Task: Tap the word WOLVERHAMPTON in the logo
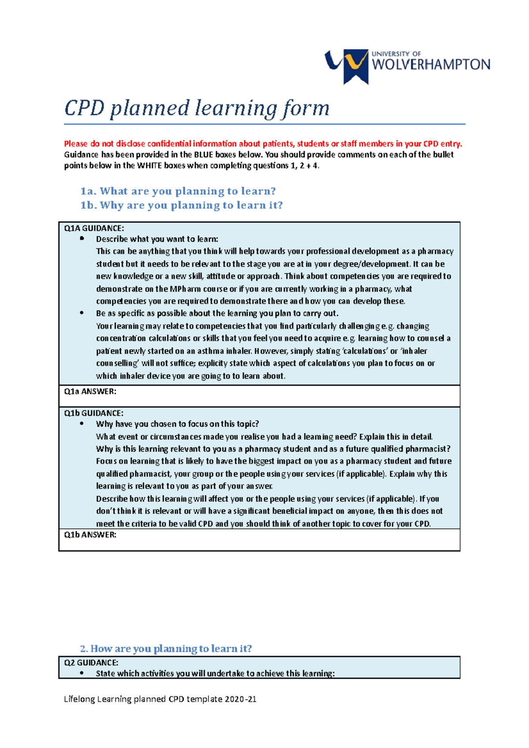point(431,65)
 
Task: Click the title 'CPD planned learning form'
point(197,108)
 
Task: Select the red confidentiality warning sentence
point(263,144)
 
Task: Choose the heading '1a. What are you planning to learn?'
point(178,191)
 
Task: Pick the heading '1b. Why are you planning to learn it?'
point(182,205)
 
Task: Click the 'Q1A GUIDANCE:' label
point(94,228)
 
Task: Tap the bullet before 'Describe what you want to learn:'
point(82,238)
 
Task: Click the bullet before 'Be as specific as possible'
point(82,313)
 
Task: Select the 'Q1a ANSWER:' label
point(90,392)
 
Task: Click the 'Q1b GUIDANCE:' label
point(93,413)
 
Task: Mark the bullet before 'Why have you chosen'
point(82,423)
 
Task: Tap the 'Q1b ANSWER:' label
point(90,535)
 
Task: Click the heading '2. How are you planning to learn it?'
point(166,648)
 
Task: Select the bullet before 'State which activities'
point(82,673)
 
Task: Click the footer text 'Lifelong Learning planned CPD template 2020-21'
point(160,699)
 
